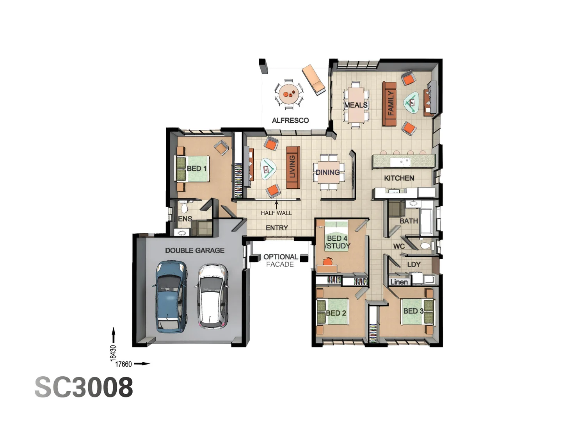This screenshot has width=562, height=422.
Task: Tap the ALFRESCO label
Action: click(x=290, y=120)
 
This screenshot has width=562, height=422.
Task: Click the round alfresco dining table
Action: click(x=289, y=94)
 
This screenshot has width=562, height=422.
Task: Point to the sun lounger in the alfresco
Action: click(x=313, y=80)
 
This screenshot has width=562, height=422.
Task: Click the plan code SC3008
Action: click(x=84, y=387)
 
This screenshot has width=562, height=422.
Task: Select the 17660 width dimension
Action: click(x=123, y=364)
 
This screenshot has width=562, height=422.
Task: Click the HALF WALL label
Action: click(x=276, y=213)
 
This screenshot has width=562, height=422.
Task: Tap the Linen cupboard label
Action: click(x=399, y=282)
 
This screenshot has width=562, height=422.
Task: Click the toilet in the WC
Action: click(x=426, y=246)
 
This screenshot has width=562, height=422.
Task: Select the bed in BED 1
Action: click(x=192, y=168)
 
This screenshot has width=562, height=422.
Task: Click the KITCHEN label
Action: click(x=399, y=178)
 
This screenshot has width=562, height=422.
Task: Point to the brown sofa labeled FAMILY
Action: click(x=390, y=104)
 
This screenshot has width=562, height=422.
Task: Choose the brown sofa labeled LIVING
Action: click(x=293, y=167)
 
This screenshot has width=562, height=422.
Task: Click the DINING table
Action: click(x=329, y=172)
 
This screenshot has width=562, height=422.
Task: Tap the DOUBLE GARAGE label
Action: click(x=195, y=250)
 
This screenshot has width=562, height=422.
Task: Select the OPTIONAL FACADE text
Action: click(x=280, y=260)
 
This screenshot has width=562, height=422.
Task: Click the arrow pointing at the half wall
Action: click(x=276, y=204)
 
